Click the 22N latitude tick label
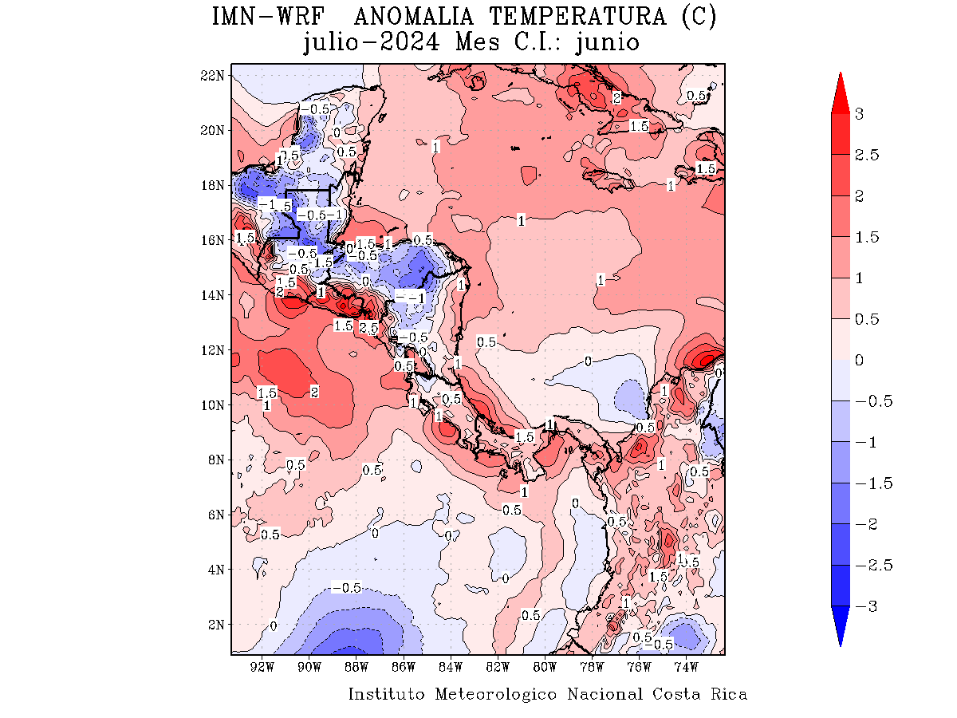click(x=211, y=75)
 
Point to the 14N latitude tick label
click(x=211, y=295)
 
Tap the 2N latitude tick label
click(x=215, y=625)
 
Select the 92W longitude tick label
click(x=262, y=666)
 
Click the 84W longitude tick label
click(x=451, y=666)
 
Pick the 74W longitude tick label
click(x=686, y=666)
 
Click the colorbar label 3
click(x=859, y=114)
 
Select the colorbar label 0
click(x=859, y=361)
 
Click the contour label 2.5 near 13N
click(x=368, y=328)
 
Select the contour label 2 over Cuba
click(x=616, y=98)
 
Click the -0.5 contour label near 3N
click(x=346, y=588)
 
